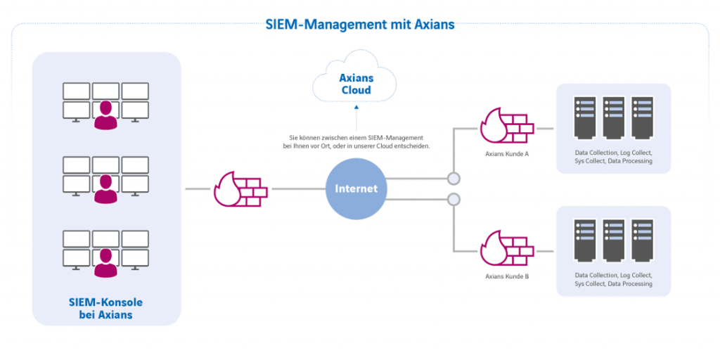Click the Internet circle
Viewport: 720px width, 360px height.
tap(356, 189)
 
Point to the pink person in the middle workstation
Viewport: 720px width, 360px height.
tap(106, 188)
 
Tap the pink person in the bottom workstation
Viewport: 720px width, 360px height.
tap(106, 262)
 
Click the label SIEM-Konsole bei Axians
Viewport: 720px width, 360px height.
tap(106, 309)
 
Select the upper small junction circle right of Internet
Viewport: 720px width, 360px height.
tap(454, 177)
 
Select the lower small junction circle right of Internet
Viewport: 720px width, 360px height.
tap(454, 200)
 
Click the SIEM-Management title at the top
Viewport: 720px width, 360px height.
tap(360, 24)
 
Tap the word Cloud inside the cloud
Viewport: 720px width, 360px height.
tap(356, 90)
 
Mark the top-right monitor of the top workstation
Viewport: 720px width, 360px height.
tap(135, 91)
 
